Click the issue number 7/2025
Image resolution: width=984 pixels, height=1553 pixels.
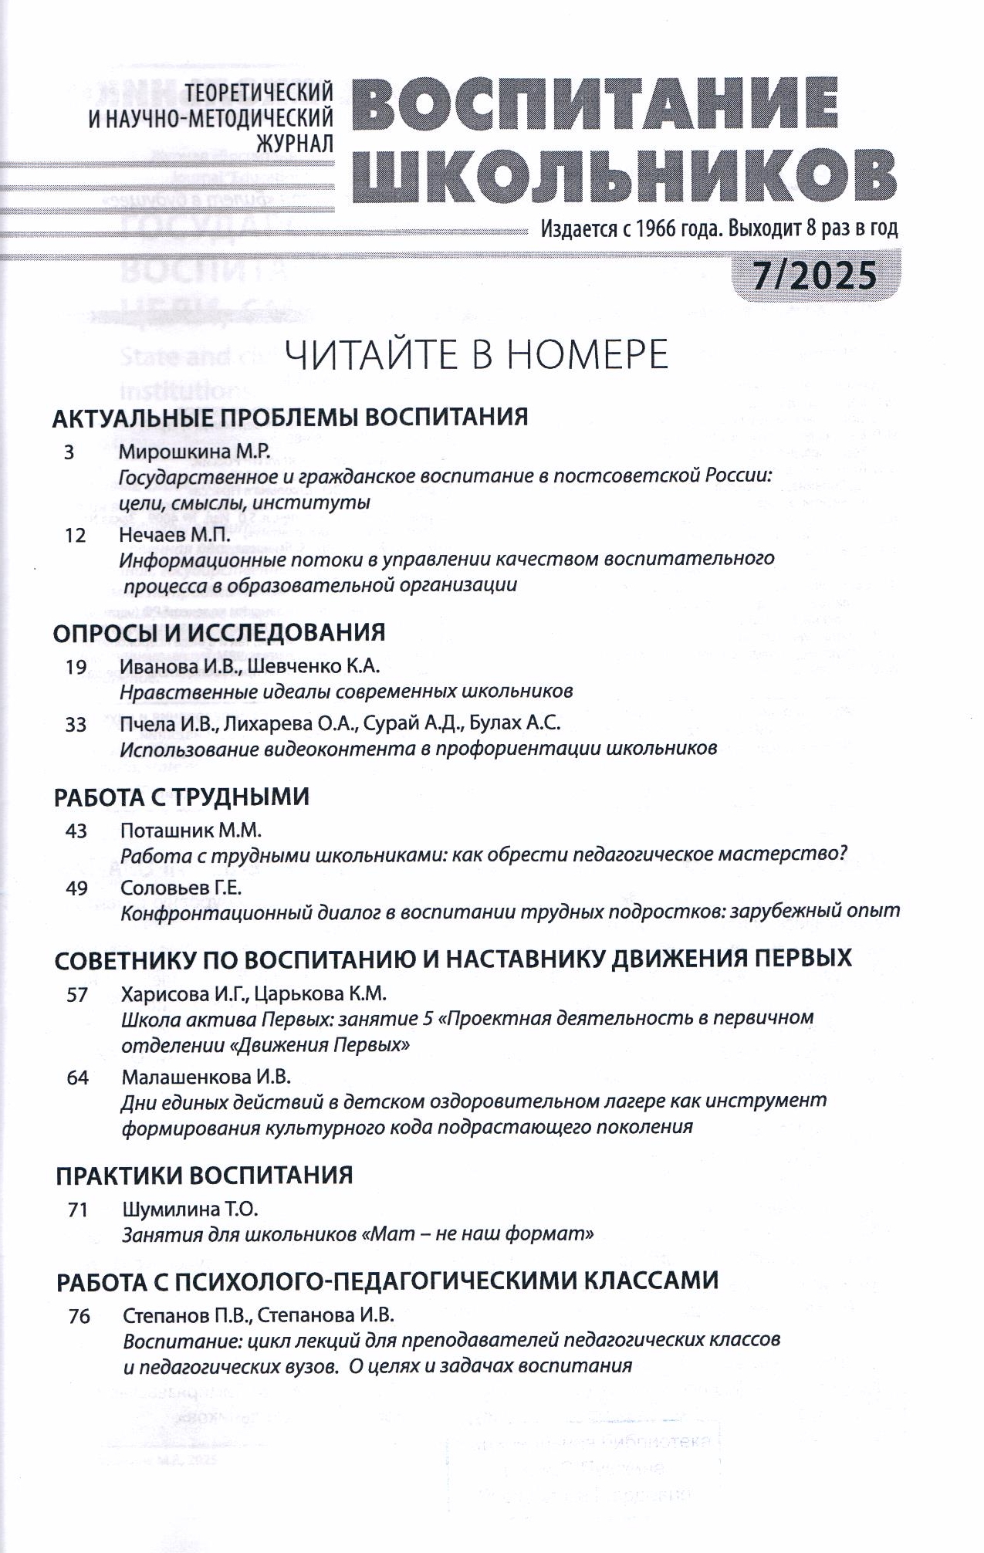(x=815, y=276)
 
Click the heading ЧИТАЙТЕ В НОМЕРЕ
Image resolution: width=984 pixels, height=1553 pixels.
(x=476, y=355)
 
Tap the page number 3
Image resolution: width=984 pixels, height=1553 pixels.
(x=69, y=452)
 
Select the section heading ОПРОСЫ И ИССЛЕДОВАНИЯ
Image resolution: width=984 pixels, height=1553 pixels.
(x=219, y=633)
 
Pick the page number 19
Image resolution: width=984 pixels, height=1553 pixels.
(x=76, y=667)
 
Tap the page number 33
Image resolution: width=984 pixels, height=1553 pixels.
(x=76, y=724)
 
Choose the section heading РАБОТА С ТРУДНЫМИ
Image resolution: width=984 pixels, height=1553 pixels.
(x=181, y=797)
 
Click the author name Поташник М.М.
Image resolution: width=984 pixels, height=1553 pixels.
(x=191, y=831)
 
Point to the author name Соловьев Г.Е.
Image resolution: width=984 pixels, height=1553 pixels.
(x=181, y=888)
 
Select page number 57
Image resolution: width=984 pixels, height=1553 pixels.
(x=77, y=994)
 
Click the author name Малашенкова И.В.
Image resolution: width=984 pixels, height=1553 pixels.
(x=206, y=1076)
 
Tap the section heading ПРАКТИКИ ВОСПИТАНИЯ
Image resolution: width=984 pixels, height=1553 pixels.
(x=205, y=1176)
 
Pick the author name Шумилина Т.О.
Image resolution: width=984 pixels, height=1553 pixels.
(x=190, y=1209)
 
